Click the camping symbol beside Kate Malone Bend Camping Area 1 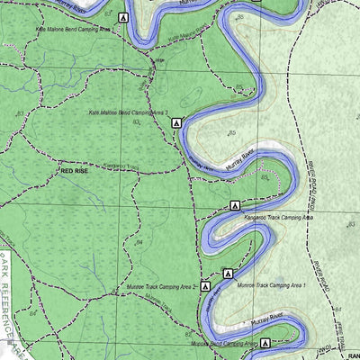123,18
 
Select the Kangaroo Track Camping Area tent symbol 235,206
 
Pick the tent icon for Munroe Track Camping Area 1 228,273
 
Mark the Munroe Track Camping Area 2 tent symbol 205,286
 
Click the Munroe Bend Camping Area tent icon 267,342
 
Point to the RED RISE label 76,168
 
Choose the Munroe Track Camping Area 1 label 272,284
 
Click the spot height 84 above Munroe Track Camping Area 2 139,243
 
